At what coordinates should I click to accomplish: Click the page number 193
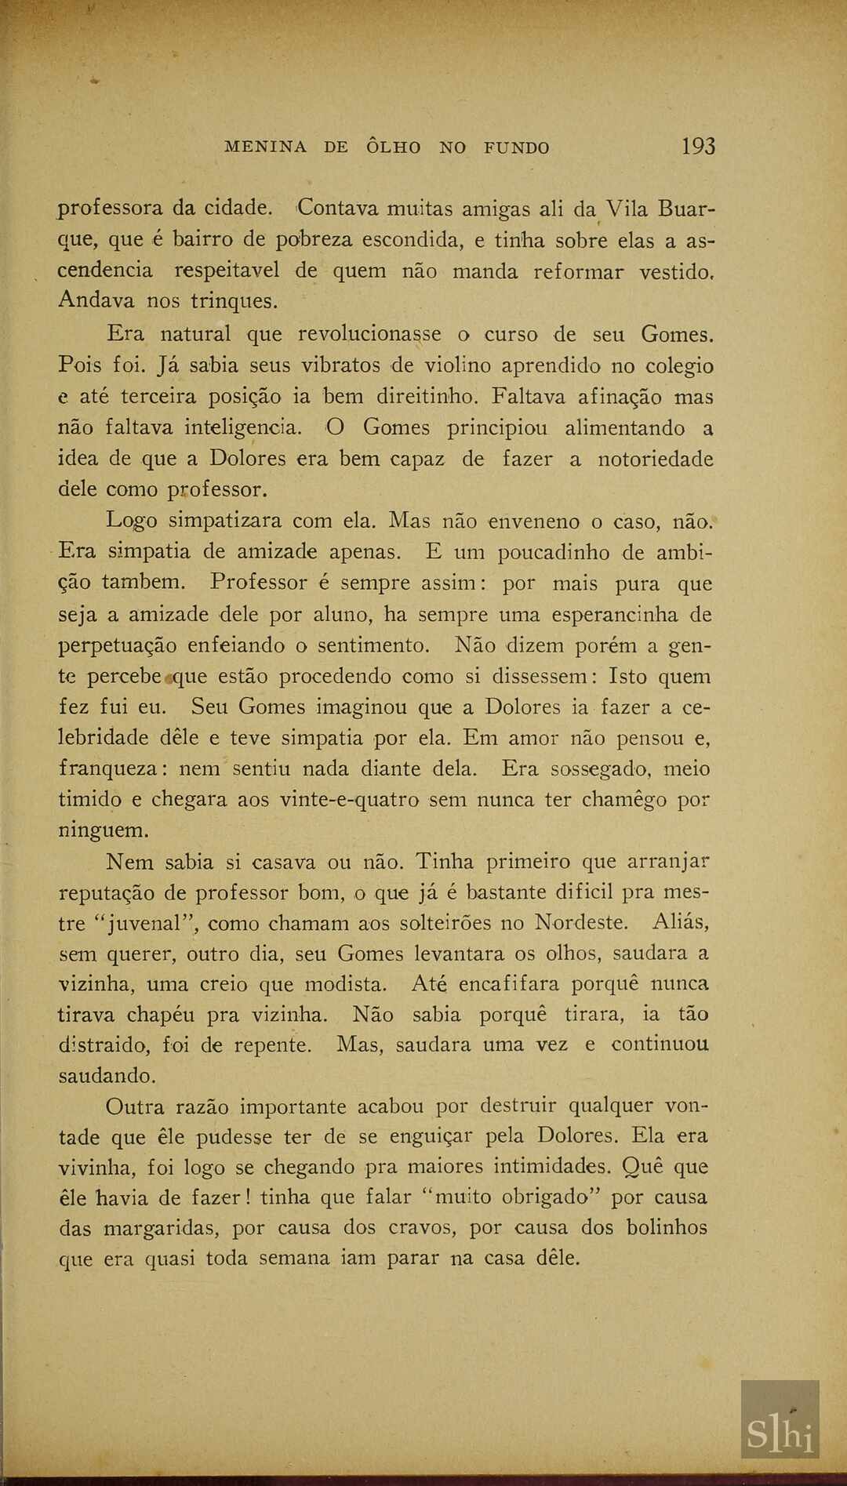[x=698, y=146]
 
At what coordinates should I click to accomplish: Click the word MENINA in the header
[x=265, y=147]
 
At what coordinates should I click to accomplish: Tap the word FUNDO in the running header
[x=516, y=147]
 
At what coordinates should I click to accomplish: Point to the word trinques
[x=233, y=301]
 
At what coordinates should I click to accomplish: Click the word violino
[x=457, y=366]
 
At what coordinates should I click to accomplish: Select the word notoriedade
[x=656, y=459]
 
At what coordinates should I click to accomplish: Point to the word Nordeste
[x=581, y=922]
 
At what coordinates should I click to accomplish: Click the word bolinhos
[x=667, y=1227]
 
